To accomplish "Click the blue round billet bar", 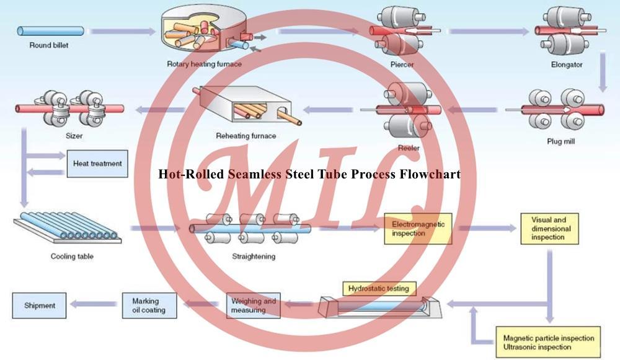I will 50,30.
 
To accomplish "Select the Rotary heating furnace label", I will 204,64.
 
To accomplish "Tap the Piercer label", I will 402,64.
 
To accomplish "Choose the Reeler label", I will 409,148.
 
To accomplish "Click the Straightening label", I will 253,256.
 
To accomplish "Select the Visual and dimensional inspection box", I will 549,228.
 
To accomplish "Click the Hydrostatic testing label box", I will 380,289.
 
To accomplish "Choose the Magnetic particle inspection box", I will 548,342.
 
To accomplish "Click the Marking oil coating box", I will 149,305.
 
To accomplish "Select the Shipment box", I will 40,305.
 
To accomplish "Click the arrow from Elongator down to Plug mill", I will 602,72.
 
